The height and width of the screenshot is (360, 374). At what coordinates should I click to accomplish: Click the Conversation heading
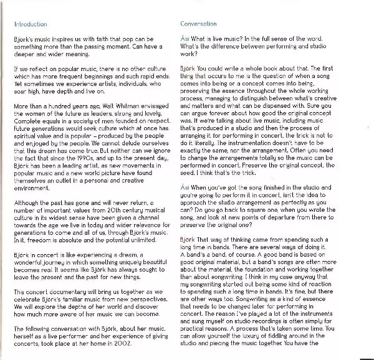pos(198,24)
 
